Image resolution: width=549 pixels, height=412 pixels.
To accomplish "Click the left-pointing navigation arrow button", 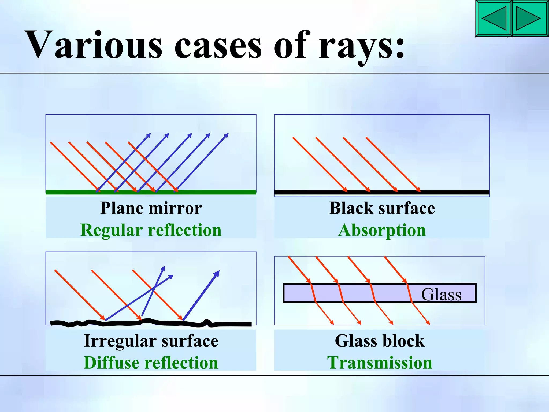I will click(x=494, y=19).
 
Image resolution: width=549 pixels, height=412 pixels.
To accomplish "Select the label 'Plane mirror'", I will click(x=151, y=208).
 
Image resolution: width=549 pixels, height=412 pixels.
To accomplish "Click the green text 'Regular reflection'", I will click(x=151, y=230).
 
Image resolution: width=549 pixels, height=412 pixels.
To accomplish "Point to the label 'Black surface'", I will click(x=382, y=208).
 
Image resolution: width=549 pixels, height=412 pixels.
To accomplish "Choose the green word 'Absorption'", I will click(x=382, y=230).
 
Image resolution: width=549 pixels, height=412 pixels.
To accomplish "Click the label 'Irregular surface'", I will click(x=151, y=341).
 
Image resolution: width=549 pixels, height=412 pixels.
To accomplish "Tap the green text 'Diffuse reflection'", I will click(x=151, y=363).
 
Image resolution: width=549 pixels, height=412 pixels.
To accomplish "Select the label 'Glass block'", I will click(x=380, y=341).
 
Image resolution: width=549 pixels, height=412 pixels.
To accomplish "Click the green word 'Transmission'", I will click(x=380, y=363).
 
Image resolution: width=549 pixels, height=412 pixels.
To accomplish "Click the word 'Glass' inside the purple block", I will click(x=441, y=294).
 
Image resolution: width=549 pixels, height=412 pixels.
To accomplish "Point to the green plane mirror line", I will click(x=214, y=192).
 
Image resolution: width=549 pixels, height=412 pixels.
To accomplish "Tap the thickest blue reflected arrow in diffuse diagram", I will click(x=201, y=295).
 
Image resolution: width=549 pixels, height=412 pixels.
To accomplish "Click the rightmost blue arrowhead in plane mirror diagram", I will click(x=226, y=135).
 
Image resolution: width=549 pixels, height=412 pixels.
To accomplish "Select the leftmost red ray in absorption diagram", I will click(x=319, y=164).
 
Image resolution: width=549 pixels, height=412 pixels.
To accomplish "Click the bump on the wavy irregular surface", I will click(x=207, y=321).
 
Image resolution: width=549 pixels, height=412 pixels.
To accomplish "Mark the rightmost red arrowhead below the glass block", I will click(x=428, y=323).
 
